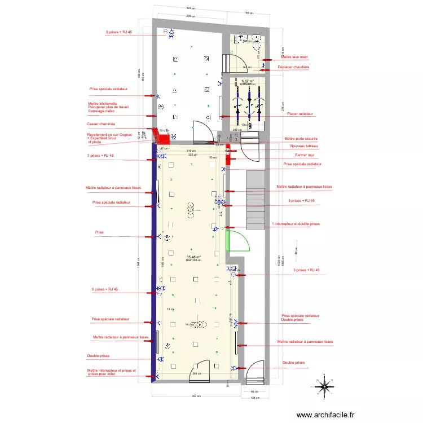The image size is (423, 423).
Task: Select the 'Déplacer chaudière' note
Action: pos(293,67)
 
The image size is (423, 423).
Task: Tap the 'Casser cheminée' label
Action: pos(101,124)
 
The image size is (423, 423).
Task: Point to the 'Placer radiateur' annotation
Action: pos(299,114)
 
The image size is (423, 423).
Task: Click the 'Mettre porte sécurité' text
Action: pos(301,138)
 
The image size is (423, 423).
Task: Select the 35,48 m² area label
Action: pos(193,257)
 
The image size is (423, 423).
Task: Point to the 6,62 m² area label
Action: pos(247,82)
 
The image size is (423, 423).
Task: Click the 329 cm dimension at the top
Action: pos(192,8)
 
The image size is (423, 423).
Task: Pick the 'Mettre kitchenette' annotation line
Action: pos(103,104)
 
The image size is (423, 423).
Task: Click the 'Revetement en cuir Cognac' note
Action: pos(109,135)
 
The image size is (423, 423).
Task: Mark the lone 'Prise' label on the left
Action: pos(99,232)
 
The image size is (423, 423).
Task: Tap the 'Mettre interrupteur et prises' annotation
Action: pos(111,371)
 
